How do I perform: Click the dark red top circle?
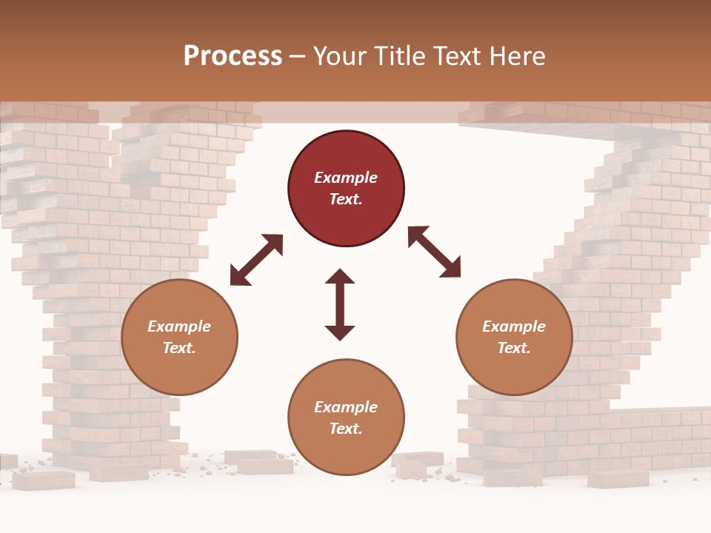point(346,188)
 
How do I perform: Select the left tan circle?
point(179,337)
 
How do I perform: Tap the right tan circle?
point(514,337)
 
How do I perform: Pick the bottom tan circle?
point(346,418)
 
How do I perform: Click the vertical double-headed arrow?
point(340,304)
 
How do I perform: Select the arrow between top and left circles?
point(256,260)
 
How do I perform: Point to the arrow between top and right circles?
point(434,252)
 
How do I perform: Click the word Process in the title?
point(233,56)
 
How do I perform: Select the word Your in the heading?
point(339,56)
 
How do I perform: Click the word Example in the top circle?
point(346,178)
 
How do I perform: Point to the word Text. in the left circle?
point(179,348)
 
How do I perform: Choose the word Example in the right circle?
point(514,326)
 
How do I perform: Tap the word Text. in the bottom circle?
point(346,429)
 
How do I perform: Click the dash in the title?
point(298,57)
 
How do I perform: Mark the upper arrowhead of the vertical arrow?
point(340,277)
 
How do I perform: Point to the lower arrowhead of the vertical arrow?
point(340,332)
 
